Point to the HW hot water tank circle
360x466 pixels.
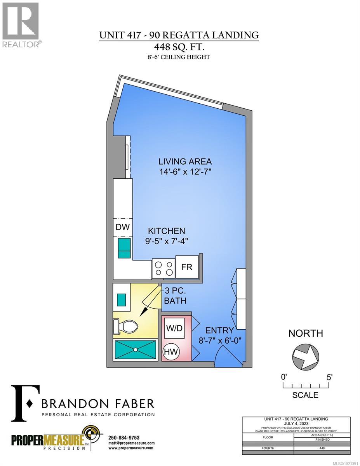pos(171,352)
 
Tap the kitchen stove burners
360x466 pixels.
pos(163,268)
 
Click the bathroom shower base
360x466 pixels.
pos(136,349)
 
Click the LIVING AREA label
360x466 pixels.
pos(185,161)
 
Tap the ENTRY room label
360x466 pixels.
pos(219,330)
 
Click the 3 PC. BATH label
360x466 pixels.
pos(175,296)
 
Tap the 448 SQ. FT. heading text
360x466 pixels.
pos(179,47)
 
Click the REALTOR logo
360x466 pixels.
pos(21,26)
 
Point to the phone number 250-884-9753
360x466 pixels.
pos(125,438)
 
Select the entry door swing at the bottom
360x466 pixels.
pos(223,354)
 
